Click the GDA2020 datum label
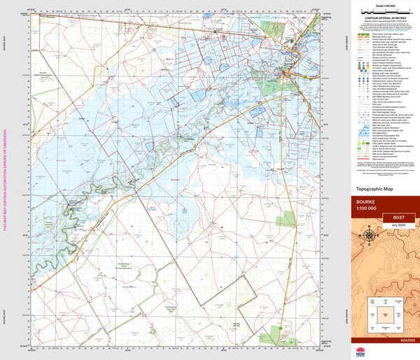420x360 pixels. point(407,342)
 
